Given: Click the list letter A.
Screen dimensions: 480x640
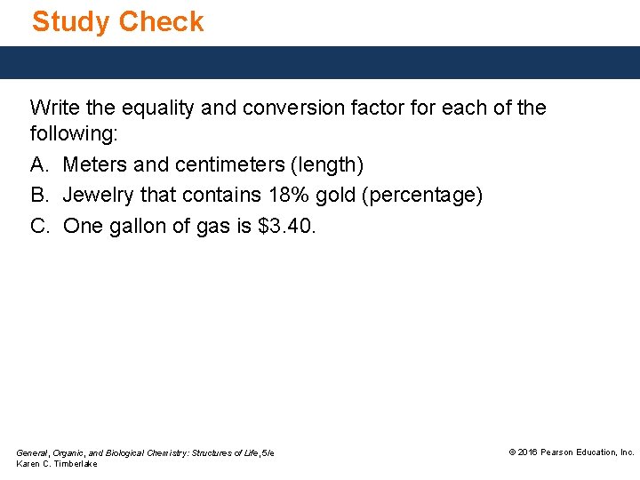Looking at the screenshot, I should pyautogui.click(x=39, y=165).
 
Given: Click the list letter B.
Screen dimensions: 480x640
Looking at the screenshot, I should pyautogui.click(x=39, y=196).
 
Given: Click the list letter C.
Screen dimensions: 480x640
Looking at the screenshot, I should pyautogui.click(x=39, y=226).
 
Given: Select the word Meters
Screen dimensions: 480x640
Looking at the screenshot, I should pyautogui.click(x=95, y=165).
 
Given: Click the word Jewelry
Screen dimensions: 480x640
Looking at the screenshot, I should pyautogui.click(x=99, y=196).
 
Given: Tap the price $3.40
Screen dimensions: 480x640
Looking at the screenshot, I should pyautogui.click(x=284, y=226).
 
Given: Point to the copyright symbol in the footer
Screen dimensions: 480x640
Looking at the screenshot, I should pyautogui.click(x=512, y=452).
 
